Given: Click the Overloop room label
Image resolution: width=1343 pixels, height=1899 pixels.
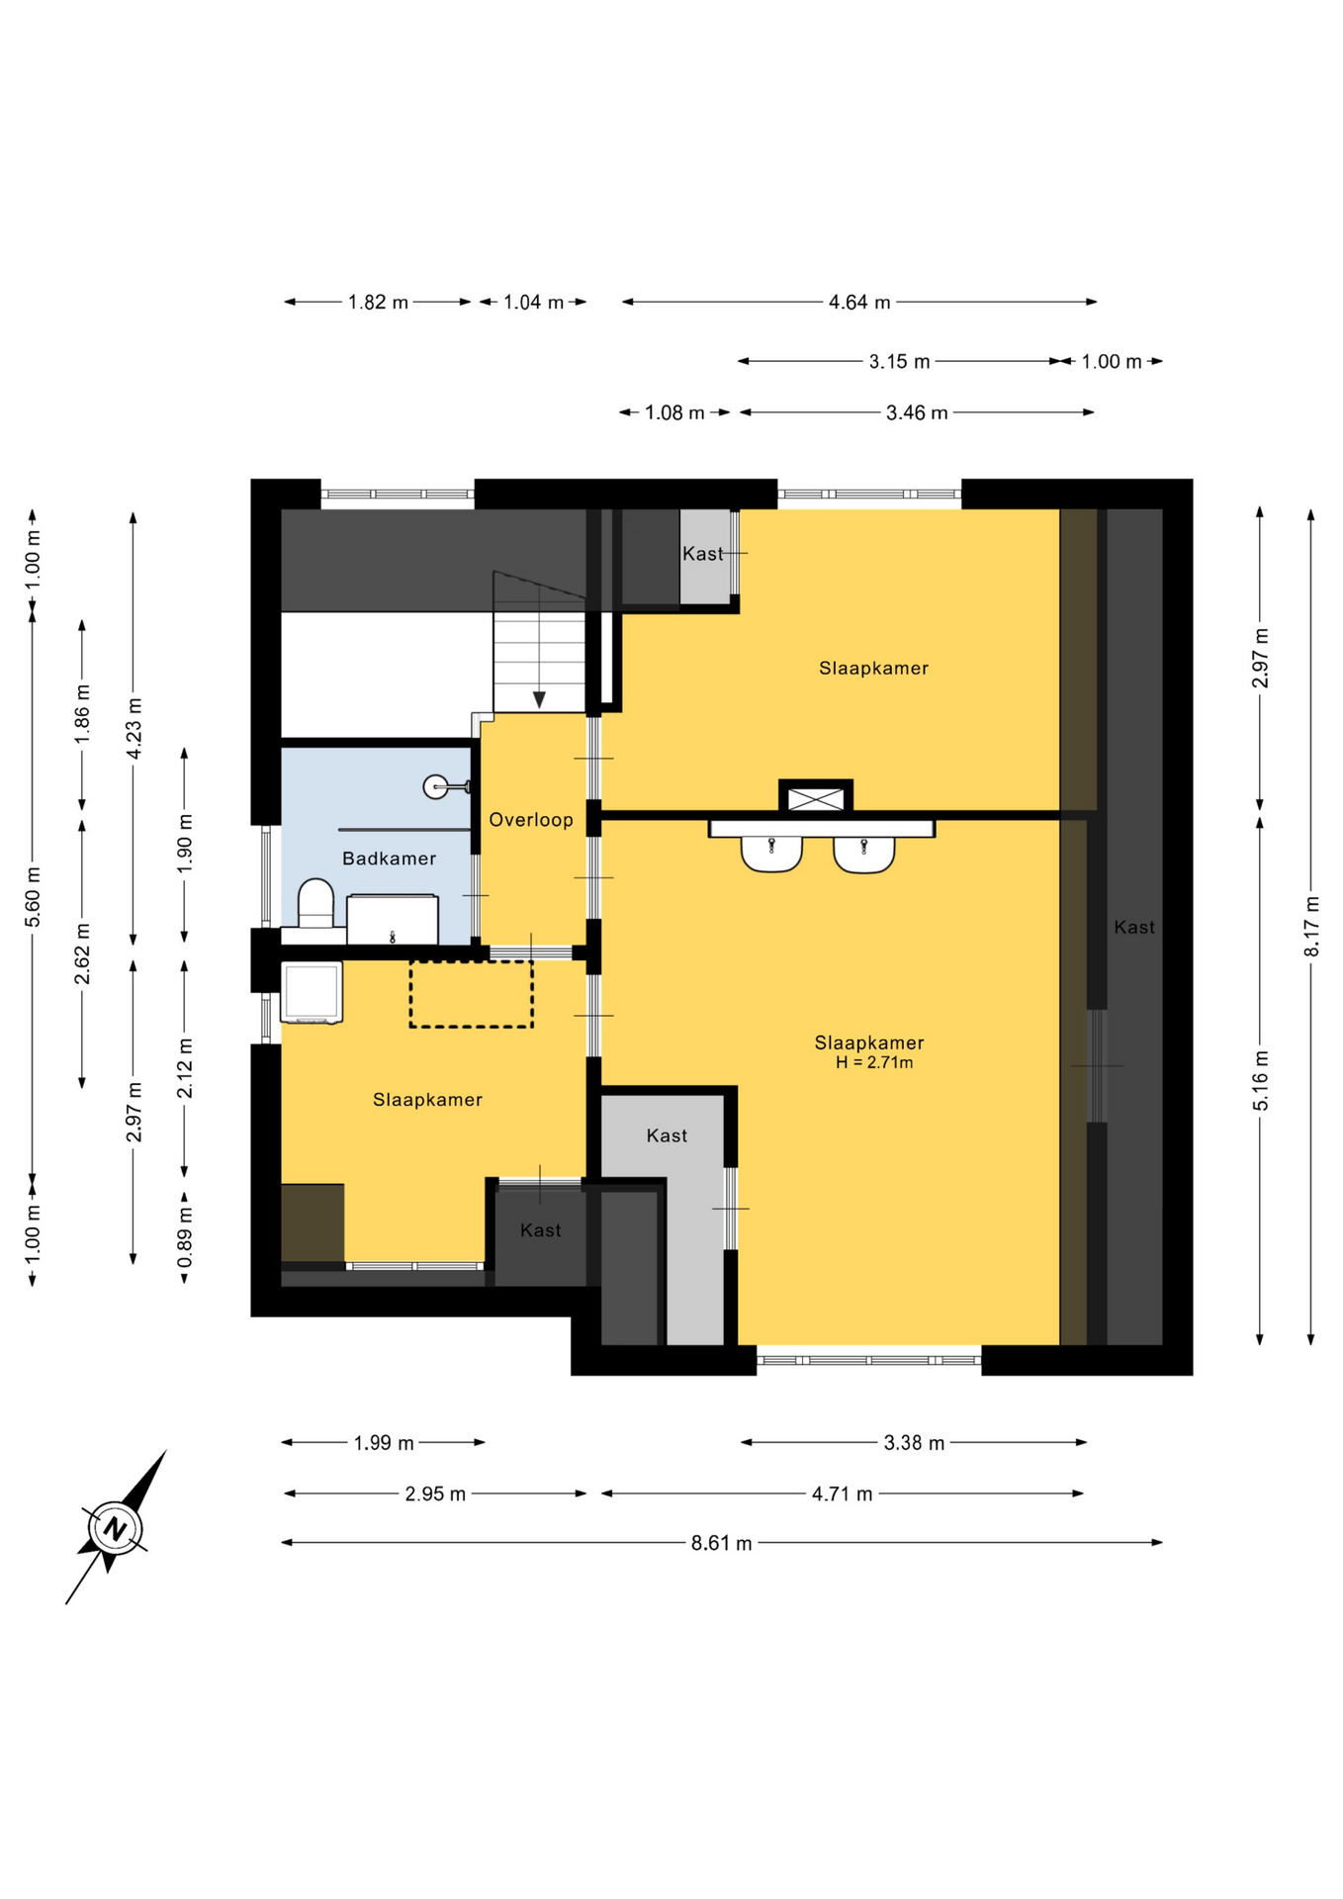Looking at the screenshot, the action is (x=531, y=820).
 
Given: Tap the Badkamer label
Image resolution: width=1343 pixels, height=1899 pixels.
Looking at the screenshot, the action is (x=389, y=859).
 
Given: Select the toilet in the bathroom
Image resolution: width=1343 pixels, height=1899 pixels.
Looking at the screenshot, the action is (x=315, y=904).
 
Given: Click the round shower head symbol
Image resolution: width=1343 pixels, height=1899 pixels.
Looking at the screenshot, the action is (x=435, y=787).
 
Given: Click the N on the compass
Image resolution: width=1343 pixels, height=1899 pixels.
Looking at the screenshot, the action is (x=116, y=1528).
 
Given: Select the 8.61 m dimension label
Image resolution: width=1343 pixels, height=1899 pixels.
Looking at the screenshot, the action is (x=721, y=1543).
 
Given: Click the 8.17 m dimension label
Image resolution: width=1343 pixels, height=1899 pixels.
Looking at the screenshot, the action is (x=1311, y=926).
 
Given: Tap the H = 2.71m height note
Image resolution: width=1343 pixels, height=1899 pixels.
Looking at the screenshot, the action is (x=874, y=1063).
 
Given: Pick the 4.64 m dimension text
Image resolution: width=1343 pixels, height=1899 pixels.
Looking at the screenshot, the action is (x=859, y=302).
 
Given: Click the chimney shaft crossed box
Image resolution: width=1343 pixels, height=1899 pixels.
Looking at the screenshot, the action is (x=816, y=798).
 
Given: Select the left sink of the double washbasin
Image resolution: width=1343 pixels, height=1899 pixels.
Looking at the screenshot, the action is (x=771, y=854).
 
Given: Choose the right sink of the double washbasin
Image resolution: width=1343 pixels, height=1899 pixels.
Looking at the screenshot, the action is (x=864, y=854).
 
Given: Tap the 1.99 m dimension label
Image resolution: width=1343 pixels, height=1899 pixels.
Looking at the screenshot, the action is (x=384, y=1443).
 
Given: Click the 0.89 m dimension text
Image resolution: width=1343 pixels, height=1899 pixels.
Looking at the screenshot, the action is (x=185, y=1236).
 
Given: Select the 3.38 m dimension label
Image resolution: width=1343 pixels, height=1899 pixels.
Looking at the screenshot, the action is (x=914, y=1443).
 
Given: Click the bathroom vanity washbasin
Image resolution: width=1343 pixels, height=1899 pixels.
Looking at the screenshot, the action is (x=393, y=920).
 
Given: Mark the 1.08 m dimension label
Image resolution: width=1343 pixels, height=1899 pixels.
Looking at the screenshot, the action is (x=674, y=412).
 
